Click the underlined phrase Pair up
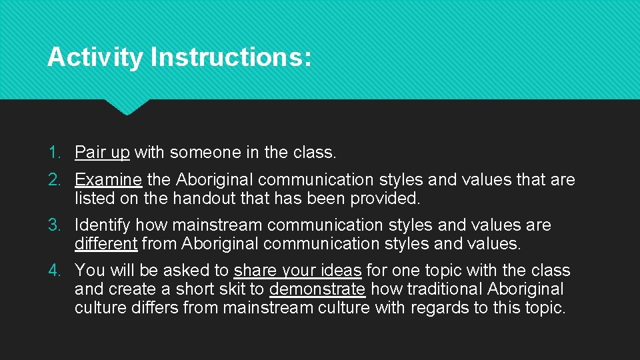102,153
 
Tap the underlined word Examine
108,180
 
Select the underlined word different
106,244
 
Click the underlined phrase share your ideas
297,271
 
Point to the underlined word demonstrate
317,289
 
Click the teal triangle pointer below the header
127,106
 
